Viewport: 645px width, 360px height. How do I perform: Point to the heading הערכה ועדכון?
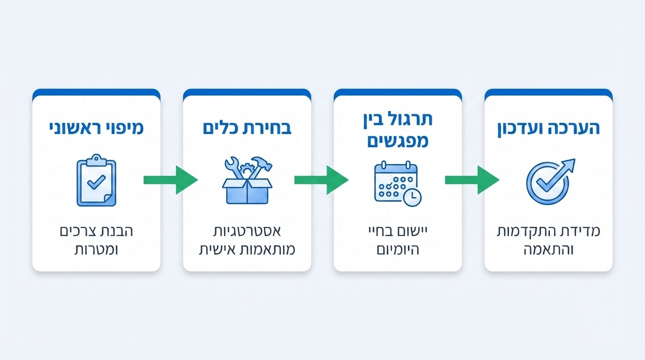(x=548, y=128)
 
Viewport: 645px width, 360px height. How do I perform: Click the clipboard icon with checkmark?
(x=96, y=180)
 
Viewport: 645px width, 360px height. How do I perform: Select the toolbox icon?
(x=247, y=180)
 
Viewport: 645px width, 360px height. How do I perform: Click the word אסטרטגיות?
(x=247, y=232)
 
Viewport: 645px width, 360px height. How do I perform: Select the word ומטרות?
(x=97, y=249)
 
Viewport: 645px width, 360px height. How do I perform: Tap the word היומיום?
(x=397, y=249)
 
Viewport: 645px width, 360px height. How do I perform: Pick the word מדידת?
(x=583, y=232)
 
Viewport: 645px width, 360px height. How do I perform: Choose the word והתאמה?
(x=548, y=249)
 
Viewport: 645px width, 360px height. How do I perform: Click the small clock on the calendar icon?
(x=412, y=197)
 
